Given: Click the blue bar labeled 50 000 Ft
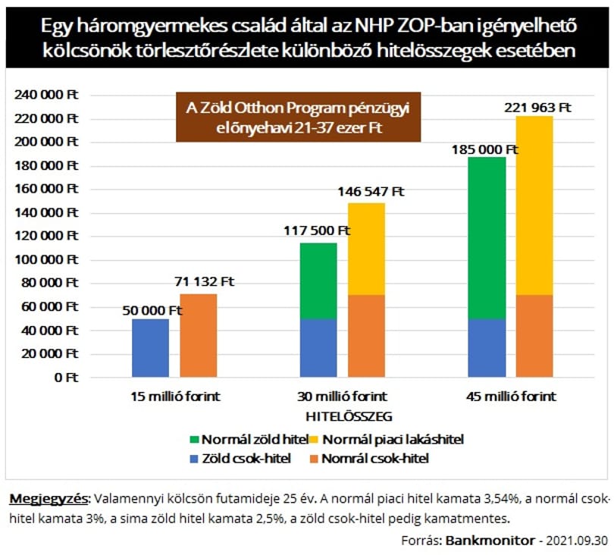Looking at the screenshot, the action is pos(150,348).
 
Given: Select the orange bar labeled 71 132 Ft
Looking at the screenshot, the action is pos(199,335).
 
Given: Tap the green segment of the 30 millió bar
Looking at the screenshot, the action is pos(318,281).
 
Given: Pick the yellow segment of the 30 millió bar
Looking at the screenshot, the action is pos(367,249).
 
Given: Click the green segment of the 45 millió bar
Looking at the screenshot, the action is pos(487,238).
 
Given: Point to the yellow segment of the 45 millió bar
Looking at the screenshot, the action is pos(534,205).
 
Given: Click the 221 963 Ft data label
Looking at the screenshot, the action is pos(537,108).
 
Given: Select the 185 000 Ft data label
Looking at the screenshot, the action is pos(485,149).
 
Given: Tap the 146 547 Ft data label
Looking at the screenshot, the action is pos(371,192).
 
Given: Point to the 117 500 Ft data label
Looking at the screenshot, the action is pos(317,230).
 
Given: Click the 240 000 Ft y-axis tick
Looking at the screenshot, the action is pos(46,94).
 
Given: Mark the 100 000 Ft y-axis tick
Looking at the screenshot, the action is pos(46,259).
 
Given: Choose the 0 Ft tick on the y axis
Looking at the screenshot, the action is pos(66,378).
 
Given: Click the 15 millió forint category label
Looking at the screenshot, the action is pos(175,397).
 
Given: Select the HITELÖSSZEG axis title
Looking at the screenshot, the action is pos(349,416).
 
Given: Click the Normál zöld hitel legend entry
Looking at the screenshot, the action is pos(249,440).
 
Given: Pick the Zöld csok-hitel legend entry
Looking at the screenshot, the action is pos(240,458).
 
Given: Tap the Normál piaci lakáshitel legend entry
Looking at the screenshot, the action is pos(387,440).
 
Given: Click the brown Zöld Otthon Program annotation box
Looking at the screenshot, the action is pos(299,117).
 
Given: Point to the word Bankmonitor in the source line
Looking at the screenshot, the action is pos(490,541).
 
